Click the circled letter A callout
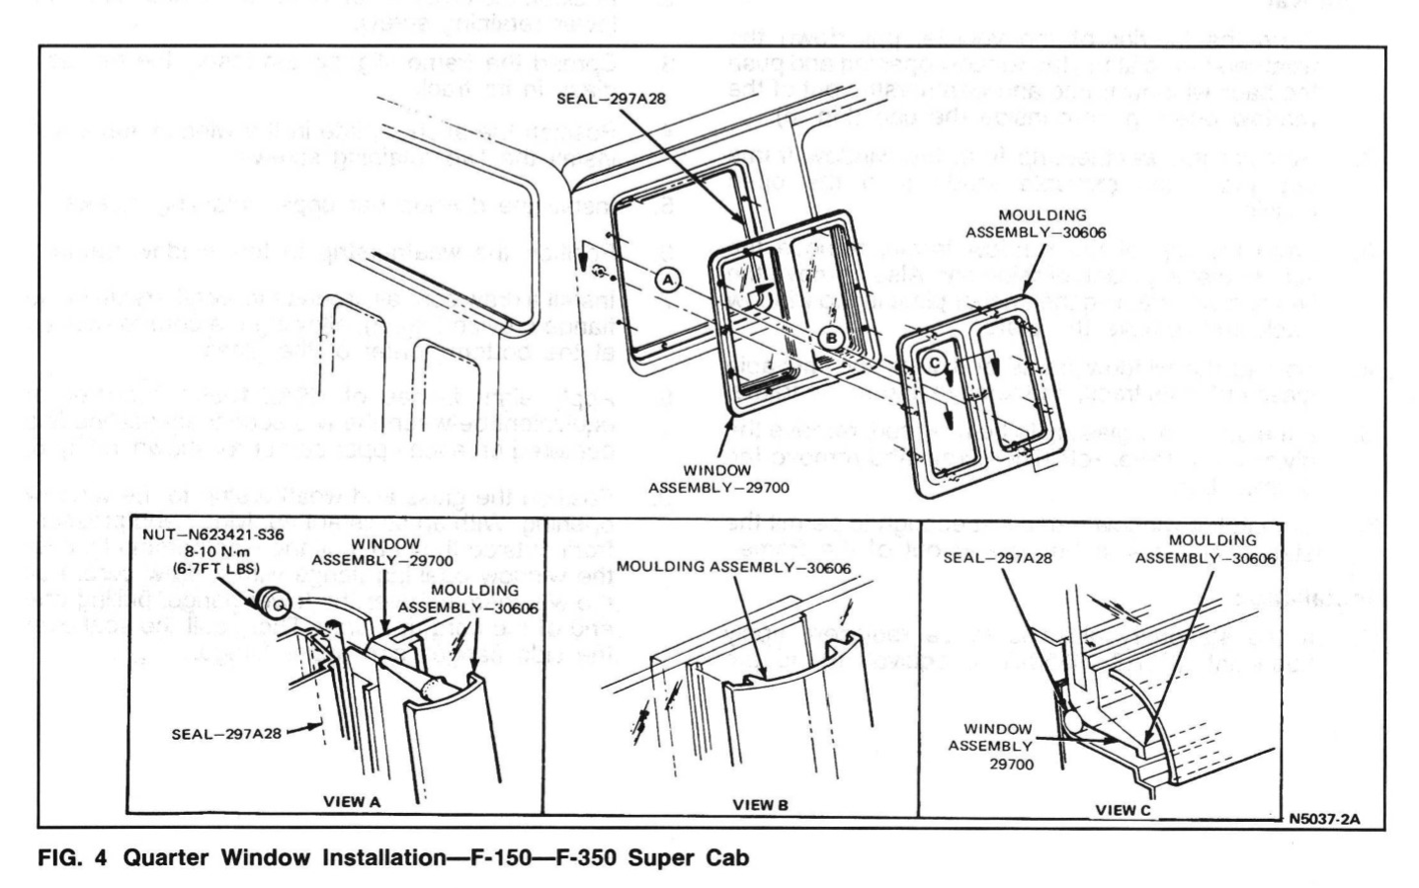point(668,281)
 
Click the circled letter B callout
point(829,338)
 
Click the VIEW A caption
point(352,802)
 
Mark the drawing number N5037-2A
point(1324,818)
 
